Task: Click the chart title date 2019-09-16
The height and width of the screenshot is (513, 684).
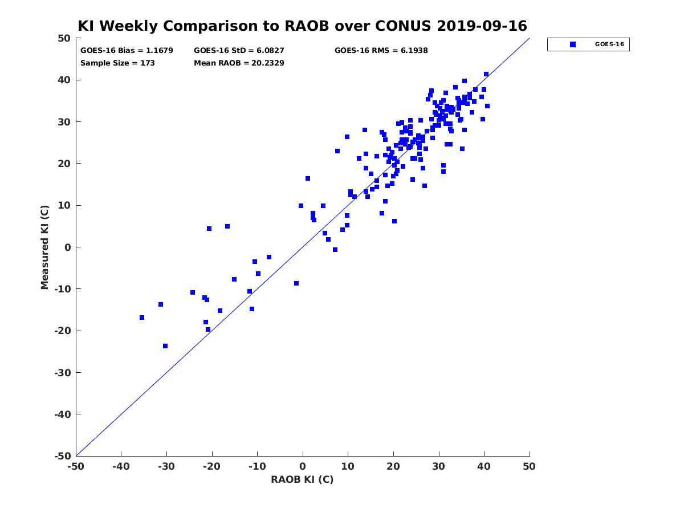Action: click(x=482, y=26)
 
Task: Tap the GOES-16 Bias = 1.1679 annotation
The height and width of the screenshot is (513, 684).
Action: click(x=127, y=51)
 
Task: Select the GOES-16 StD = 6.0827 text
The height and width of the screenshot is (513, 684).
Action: click(x=239, y=51)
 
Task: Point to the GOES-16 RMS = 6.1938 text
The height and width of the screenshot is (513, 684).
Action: click(x=381, y=51)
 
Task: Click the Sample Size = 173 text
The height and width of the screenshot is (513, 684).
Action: click(x=117, y=63)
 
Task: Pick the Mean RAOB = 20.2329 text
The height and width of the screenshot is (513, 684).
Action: click(x=239, y=63)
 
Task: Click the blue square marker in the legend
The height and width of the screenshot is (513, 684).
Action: click(x=572, y=44)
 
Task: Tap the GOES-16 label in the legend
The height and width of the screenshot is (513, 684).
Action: click(x=609, y=44)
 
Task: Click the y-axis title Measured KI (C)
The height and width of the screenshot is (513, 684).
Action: click(x=44, y=247)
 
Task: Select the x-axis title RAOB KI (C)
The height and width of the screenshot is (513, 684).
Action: click(x=302, y=479)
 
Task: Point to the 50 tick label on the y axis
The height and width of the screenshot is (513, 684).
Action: click(x=64, y=38)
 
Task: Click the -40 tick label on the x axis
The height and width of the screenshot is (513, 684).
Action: click(x=121, y=466)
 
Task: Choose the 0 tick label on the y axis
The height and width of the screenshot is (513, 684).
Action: click(x=68, y=247)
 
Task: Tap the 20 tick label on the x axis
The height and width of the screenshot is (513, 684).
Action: click(x=393, y=466)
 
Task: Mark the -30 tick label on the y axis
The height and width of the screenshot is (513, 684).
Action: click(x=63, y=373)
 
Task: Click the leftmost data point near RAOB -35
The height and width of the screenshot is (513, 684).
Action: click(x=142, y=317)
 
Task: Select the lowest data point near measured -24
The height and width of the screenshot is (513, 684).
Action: click(x=165, y=346)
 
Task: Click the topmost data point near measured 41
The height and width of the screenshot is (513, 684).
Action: click(x=486, y=74)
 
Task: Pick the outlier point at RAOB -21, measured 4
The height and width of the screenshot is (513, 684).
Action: click(x=209, y=229)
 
